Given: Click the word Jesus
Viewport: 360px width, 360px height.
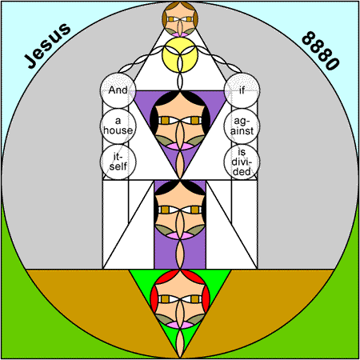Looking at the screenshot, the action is click(x=47, y=46).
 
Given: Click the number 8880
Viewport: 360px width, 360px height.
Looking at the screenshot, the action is click(x=321, y=50).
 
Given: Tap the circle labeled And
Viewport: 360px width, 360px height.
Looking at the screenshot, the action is click(x=118, y=90).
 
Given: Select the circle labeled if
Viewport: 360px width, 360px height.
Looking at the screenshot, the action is click(x=242, y=90).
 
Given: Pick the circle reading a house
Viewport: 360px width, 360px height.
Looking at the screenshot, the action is click(x=118, y=126).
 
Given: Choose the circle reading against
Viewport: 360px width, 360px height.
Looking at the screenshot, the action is click(x=242, y=126).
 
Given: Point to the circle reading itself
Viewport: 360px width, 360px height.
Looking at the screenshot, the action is click(x=118, y=162).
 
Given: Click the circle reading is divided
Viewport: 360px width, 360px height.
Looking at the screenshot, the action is click(x=242, y=162).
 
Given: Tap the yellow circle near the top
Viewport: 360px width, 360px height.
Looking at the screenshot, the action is click(x=180, y=54).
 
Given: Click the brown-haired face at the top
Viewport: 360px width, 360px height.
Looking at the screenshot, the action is click(x=180, y=19).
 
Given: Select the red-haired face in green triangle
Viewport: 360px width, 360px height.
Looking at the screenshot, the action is click(x=180, y=299).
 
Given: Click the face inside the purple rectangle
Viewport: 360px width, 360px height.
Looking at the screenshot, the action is click(x=180, y=210).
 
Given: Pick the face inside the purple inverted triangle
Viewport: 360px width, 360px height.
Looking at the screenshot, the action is click(x=180, y=121).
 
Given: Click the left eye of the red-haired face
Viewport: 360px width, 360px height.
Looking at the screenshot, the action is click(x=166, y=299).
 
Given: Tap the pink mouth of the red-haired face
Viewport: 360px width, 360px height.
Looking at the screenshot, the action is click(x=180, y=325).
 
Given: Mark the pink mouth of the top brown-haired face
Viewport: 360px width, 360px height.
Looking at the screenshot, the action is click(x=180, y=34).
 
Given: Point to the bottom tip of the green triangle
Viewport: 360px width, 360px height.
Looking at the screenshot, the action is click(x=180, y=358).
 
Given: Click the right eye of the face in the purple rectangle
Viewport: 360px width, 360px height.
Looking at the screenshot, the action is click(x=195, y=210).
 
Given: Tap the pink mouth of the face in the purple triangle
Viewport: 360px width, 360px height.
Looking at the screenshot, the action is click(x=180, y=146).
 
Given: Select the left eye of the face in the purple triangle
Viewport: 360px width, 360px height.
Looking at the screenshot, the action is click(x=166, y=121).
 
